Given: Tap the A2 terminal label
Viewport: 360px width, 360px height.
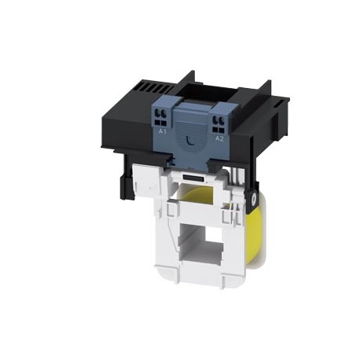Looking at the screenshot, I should point(219,137).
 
